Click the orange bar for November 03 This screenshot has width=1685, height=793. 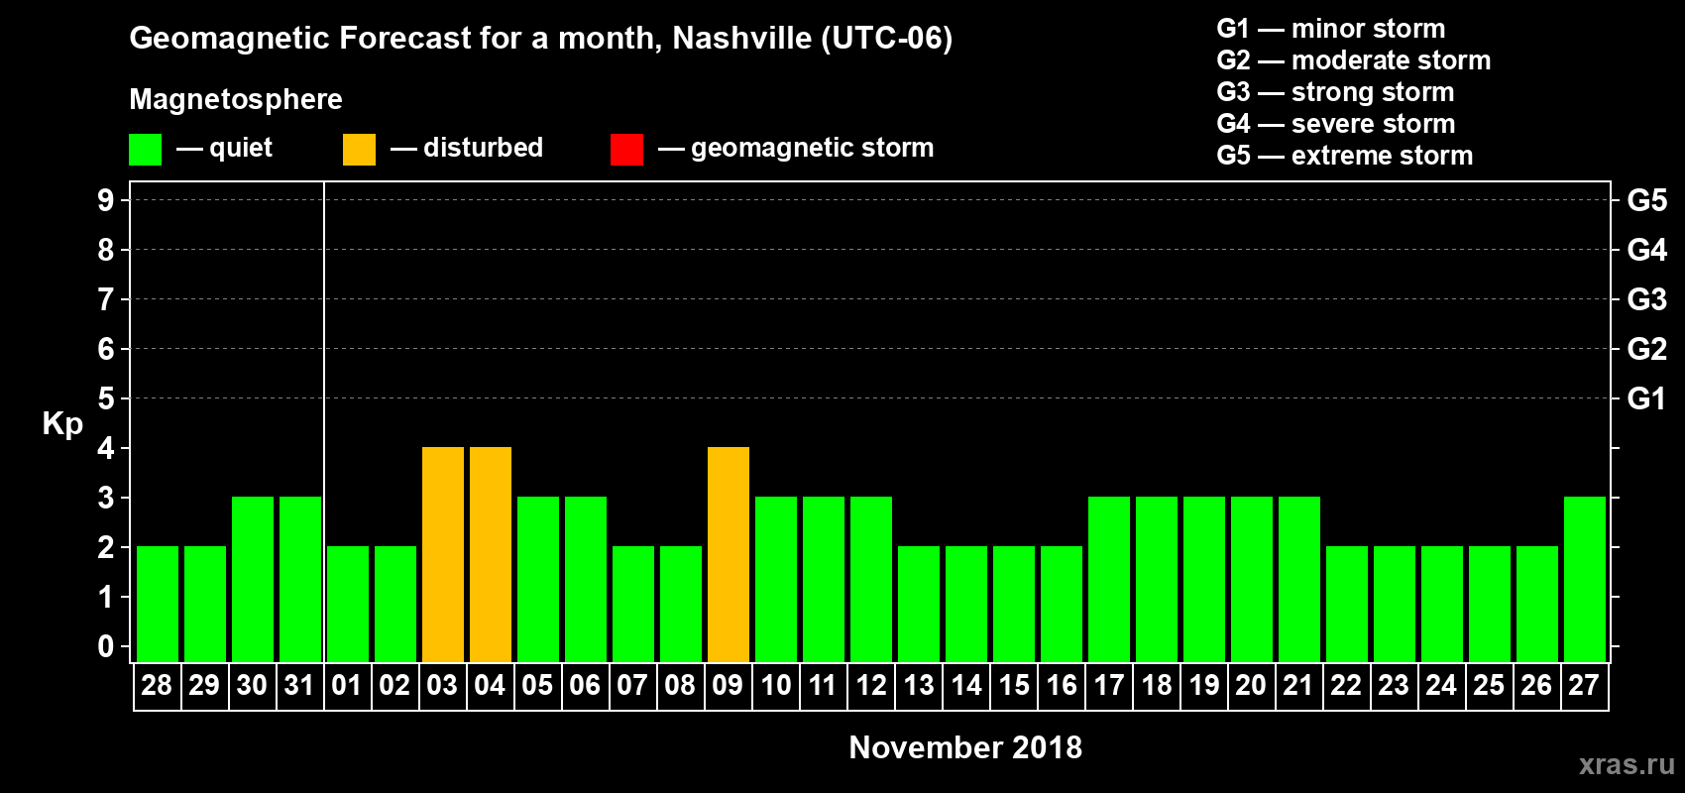pyautogui.click(x=443, y=555)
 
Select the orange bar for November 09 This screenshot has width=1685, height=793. pyautogui.click(x=729, y=555)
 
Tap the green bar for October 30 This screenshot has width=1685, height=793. pyautogui.click(x=253, y=580)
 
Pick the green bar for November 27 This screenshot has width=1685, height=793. pyautogui.click(x=1585, y=580)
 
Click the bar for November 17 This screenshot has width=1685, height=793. pyautogui.click(x=1109, y=580)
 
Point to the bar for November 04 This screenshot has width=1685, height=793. pyautogui.click(x=491, y=555)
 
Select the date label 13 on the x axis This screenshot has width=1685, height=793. pyautogui.click(x=919, y=685)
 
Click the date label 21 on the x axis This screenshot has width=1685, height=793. pyautogui.click(x=1298, y=685)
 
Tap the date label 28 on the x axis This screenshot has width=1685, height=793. pyautogui.click(x=157, y=685)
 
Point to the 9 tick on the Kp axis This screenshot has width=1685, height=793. pyautogui.click(x=106, y=200)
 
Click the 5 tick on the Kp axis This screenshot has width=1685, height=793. pyautogui.click(x=106, y=398)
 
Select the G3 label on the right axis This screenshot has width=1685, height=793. pyautogui.click(x=1646, y=299)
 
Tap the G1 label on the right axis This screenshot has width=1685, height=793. pyautogui.click(x=1646, y=398)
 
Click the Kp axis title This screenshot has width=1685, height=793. pyautogui.click(x=62, y=423)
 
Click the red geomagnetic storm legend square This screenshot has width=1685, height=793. pyautogui.click(x=626, y=150)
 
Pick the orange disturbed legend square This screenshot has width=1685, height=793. pyautogui.click(x=359, y=150)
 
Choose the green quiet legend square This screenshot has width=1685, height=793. pyautogui.click(x=146, y=150)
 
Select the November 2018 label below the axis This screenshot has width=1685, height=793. pyautogui.click(x=965, y=747)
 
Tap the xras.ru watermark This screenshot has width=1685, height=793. pyautogui.click(x=1627, y=764)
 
